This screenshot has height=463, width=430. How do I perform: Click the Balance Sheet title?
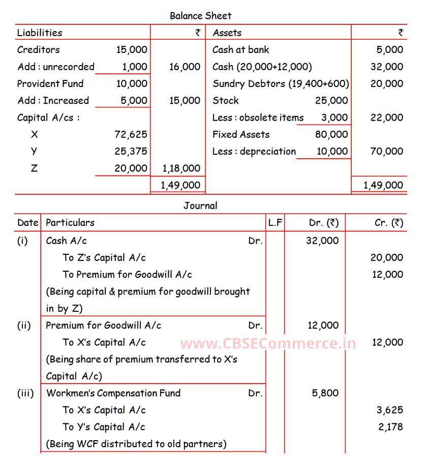pos(200,16)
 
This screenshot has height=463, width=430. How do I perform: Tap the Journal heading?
pos(200,206)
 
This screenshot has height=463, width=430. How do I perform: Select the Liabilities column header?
pos(40,33)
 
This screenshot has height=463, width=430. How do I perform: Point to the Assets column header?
pos(227,33)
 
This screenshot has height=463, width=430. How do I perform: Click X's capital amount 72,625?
pos(131,134)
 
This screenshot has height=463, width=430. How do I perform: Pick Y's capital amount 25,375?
pos(131,151)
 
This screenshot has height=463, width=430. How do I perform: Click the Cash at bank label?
pos(240,49)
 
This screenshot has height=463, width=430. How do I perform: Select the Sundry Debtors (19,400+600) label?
pos(281,83)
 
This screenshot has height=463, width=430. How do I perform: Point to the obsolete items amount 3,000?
pos(334,118)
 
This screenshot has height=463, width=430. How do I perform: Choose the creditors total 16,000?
pos(185,67)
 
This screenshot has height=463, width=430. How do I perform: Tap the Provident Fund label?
pos(50,83)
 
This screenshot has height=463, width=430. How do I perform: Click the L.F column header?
pos(275,222)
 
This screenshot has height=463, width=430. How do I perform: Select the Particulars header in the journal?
pos(70,222)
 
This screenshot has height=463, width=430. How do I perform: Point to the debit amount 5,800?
pos(323,393)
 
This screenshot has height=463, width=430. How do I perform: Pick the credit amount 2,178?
pos(390,426)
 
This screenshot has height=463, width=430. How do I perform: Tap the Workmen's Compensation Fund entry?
pos(113,393)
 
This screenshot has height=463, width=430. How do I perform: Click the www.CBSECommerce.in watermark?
pos(268,343)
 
